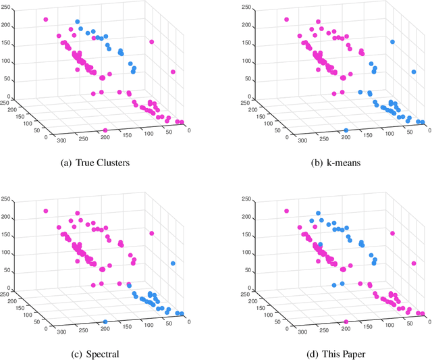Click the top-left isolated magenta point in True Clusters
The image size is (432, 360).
point(46,20)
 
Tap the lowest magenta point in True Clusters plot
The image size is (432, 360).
point(105,130)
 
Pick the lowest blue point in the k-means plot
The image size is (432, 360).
point(346,130)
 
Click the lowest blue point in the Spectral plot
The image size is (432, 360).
point(105,322)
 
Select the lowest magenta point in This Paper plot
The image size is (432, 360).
point(346,322)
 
